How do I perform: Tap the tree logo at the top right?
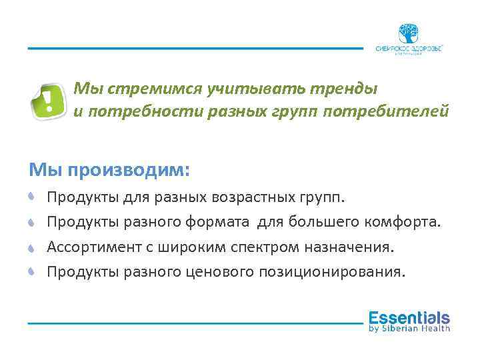409,34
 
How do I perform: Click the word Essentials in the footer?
409,317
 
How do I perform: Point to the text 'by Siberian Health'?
409,328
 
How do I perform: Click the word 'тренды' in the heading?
345,88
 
